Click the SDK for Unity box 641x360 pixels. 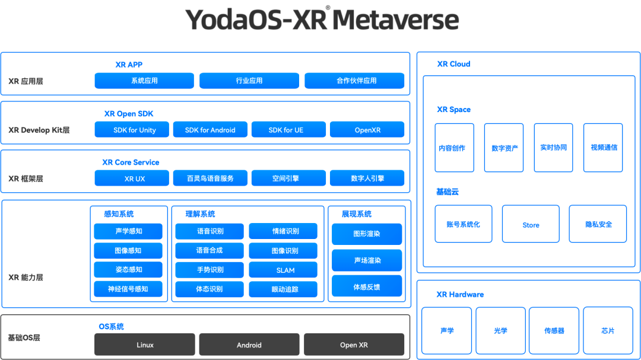(x=132, y=130)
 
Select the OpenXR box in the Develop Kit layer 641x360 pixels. (x=367, y=130)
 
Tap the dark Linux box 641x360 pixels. (x=145, y=345)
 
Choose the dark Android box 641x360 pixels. (x=249, y=345)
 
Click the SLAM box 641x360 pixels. (x=283, y=270)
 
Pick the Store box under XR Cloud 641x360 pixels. (x=531, y=224)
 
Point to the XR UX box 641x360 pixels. (x=132, y=178)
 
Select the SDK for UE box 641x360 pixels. (x=288, y=130)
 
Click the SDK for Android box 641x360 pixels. (x=210, y=130)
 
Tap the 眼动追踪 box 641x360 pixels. (x=283, y=289)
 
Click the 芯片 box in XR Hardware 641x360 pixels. (x=608, y=330)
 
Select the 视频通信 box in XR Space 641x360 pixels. (x=603, y=148)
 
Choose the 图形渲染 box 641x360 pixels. (x=367, y=234)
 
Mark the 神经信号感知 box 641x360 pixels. (x=128, y=289)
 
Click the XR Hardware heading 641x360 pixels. (x=460, y=294)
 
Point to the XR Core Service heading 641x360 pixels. (x=131, y=162)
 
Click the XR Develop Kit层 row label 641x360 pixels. (x=39, y=130)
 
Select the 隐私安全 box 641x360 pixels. (x=598, y=224)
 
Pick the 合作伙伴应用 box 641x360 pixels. (x=354, y=81)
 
